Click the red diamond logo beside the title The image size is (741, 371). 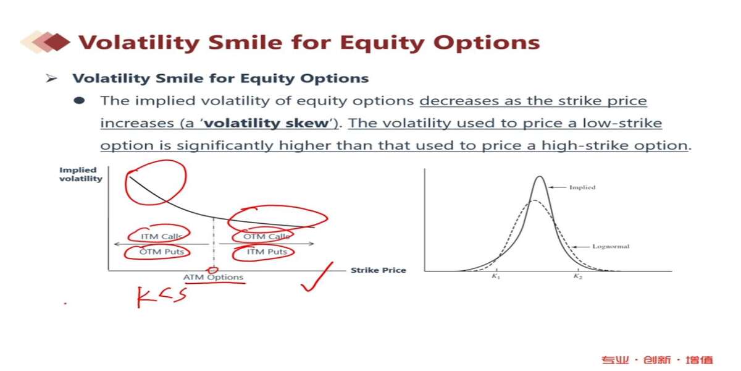click(57, 42)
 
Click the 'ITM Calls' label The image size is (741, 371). click(161, 236)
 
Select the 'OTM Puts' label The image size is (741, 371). click(161, 252)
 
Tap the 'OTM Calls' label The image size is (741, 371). click(266, 236)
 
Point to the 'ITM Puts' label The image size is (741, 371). click(267, 252)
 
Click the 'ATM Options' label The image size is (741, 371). click(214, 277)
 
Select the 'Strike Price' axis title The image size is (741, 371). click(378, 270)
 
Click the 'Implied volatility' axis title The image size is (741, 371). click(81, 174)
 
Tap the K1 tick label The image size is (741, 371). click(495, 276)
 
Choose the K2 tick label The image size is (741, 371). click(577, 276)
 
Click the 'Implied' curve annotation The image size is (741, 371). click(582, 187)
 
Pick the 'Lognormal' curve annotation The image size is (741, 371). click(611, 247)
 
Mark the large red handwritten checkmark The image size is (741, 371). click(317, 277)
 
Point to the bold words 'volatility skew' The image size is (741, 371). click(266, 123)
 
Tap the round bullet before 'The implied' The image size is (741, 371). click(79, 100)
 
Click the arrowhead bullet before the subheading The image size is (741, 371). click(51, 79)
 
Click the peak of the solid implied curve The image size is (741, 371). click(540, 176)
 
